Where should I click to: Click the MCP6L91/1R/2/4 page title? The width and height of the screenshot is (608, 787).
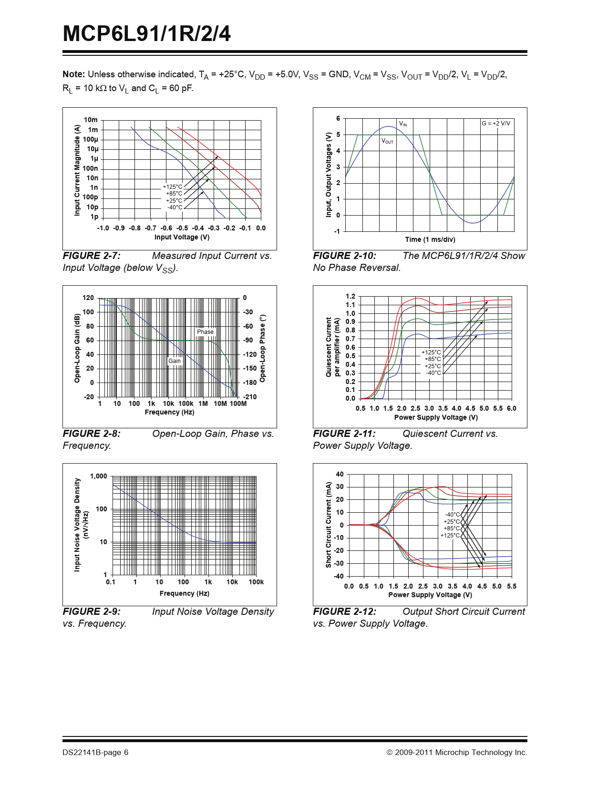click(147, 34)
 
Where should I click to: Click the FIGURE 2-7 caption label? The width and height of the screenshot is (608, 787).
click(92, 256)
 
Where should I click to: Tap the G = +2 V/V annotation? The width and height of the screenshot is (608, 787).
click(495, 124)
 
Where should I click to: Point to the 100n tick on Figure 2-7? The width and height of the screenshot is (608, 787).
click(90, 168)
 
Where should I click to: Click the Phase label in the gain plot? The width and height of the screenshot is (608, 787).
click(205, 332)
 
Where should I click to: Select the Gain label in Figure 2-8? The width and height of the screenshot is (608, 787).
click(175, 361)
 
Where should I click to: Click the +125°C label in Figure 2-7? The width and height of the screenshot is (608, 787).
click(173, 187)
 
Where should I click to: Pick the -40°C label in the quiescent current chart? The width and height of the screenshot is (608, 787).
click(433, 373)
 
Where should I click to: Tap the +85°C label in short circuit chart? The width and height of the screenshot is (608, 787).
click(452, 528)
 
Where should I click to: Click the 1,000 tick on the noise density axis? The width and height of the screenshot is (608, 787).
click(99, 476)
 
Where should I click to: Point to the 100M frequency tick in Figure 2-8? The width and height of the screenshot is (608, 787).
click(238, 404)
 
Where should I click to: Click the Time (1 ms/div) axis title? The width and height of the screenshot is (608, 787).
click(430, 239)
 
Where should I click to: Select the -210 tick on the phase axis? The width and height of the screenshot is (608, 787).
click(249, 397)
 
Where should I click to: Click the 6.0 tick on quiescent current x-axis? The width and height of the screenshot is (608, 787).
click(511, 408)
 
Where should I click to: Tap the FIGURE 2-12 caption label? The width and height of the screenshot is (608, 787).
click(344, 612)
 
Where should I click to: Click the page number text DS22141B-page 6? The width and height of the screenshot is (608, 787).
click(95, 753)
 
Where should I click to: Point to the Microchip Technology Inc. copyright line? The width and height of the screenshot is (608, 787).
click(457, 753)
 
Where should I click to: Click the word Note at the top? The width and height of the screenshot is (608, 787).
click(73, 74)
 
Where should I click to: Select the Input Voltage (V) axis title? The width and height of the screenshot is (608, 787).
click(182, 237)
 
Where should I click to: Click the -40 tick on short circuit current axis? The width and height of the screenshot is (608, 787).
click(339, 576)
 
